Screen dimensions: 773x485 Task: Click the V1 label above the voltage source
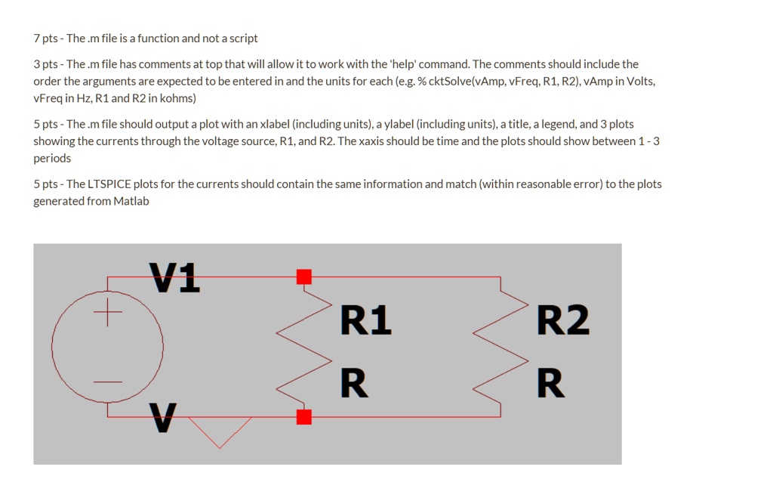(175, 277)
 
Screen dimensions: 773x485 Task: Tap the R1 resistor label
(366, 320)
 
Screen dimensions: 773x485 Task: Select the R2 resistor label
(562, 320)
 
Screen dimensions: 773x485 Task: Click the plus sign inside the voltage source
(107, 312)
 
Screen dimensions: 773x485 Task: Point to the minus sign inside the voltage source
(107, 382)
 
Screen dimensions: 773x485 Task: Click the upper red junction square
(304, 276)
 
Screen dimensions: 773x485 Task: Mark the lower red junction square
(304, 417)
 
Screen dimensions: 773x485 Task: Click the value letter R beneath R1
(354, 383)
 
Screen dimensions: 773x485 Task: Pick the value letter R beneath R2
(550, 383)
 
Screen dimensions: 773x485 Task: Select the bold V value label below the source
(163, 418)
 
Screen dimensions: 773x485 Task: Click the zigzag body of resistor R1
(303, 347)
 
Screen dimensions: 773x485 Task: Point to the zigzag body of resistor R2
(500, 347)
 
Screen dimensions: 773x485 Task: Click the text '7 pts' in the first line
(45, 39)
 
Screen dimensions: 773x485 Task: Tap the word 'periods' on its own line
(52, 159)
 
